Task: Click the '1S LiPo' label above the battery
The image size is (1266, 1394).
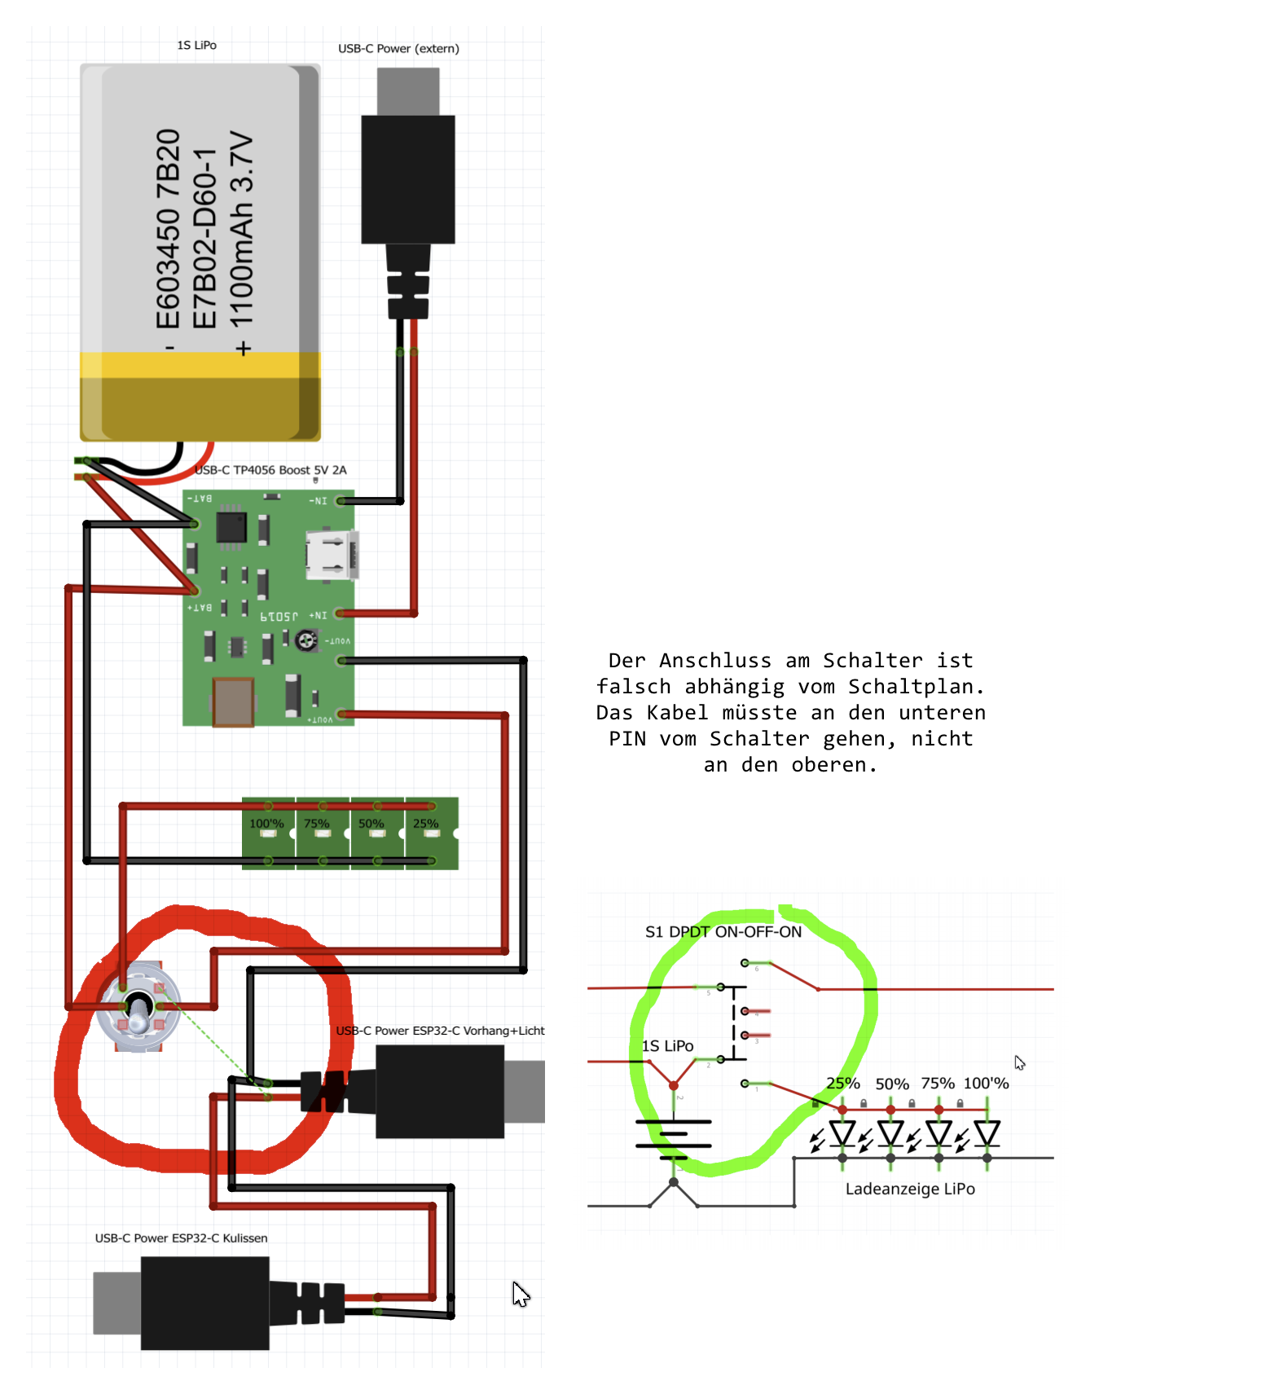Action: [196, 46]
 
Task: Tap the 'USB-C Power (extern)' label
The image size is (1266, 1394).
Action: [398, 49]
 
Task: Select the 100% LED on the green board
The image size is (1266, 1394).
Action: [268, 833]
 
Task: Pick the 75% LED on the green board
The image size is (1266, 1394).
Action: [323, 833]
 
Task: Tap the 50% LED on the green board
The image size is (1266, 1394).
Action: [377, 833]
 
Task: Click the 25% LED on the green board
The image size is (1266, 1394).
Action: [431, 833]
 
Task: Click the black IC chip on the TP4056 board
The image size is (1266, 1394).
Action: [231, 527]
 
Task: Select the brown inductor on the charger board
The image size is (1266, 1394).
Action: [233, 701]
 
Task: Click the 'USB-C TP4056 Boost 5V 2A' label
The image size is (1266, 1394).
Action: [270, 470]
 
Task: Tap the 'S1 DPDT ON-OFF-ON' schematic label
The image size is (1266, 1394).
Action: [723, 932]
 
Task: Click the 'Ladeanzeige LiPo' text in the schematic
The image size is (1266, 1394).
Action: [910, 1189]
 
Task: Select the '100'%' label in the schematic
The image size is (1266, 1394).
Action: [986, 1084]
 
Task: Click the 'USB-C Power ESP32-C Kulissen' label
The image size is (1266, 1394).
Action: [181, 1238]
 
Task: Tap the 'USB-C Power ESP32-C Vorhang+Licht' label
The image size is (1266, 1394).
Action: [440, 1031]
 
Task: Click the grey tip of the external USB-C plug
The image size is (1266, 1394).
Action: [408, 90]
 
